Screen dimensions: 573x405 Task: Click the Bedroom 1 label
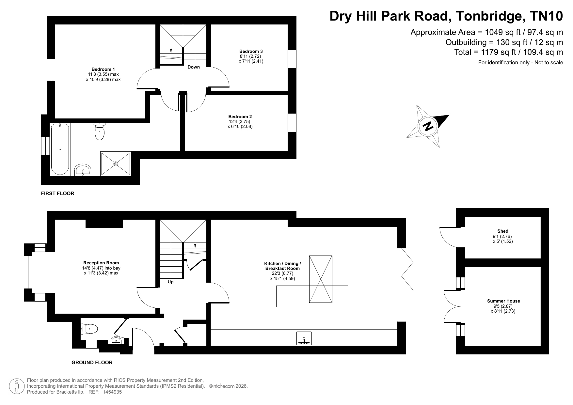coord(103,69)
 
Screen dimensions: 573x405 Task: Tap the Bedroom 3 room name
coord(251,51)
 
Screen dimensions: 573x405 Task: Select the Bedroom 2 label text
coord(240,117)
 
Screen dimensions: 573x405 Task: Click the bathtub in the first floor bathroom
coord(60,149)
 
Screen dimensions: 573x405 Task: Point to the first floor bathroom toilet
coord(100,132)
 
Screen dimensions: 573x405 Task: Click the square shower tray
coord(116,164)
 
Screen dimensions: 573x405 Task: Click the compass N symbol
coord(428,126)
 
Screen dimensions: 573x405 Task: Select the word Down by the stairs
coord(194,67)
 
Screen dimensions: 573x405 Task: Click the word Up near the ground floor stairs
coord(170,282)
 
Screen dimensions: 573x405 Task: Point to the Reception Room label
coord(101,263)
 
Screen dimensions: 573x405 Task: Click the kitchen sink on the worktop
coord(304,338)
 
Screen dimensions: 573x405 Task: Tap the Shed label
coord(503,231)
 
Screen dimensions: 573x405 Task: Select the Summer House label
coord(503,301)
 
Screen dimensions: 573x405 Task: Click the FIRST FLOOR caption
coord(57,194)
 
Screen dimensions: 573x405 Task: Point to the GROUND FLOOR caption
coord(92,363)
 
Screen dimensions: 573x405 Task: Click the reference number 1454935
coord(112,392)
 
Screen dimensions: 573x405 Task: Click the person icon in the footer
coord(17,386)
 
